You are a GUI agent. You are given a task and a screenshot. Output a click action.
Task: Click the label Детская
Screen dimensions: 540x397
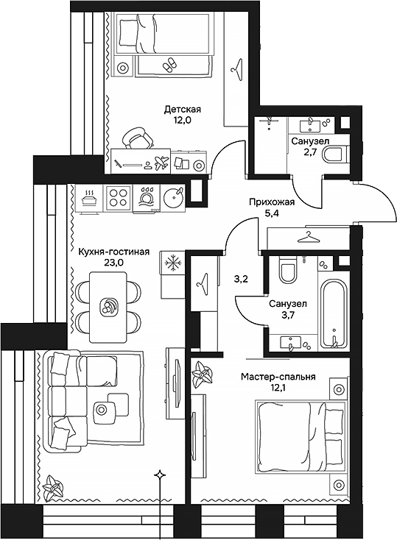coord(182,110)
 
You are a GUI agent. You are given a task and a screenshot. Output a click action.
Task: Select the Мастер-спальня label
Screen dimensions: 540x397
coord(278,377)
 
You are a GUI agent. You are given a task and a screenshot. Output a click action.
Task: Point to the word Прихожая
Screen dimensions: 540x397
coord(270,202)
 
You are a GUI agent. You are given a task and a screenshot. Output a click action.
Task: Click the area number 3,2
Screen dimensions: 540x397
coord(241,280)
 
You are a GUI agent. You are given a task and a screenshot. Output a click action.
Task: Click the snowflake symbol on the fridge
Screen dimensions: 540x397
coord(170,263)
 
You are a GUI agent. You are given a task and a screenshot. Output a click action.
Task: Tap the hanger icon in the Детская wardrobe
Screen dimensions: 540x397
coord(236,69)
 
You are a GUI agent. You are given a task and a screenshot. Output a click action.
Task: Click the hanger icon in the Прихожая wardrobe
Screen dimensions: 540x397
coord(309,237)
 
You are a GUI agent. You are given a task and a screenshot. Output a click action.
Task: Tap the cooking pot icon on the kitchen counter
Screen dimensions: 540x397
coord(90,196)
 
